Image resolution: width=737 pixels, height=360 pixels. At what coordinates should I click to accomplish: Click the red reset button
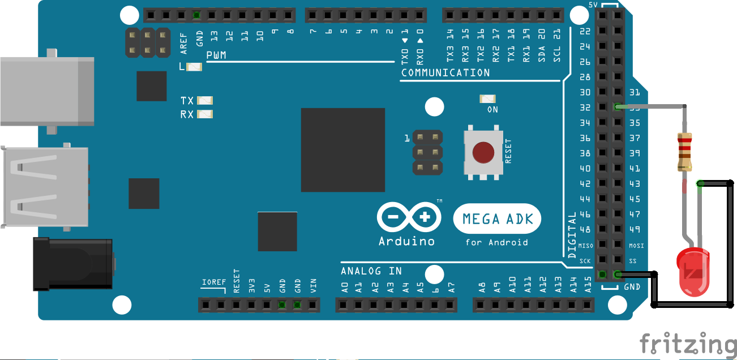(483, 152)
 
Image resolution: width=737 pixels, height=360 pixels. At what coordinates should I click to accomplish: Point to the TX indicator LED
(204, 101)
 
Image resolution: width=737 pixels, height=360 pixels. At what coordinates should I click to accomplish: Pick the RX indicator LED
(204, 114)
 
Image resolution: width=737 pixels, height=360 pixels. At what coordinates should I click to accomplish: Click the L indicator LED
(194, 67)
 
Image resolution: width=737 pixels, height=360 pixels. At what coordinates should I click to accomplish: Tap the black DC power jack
(74, 264)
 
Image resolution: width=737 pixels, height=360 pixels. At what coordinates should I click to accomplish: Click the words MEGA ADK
(498, 218)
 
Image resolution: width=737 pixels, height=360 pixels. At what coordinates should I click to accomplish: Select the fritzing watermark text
(688, 344)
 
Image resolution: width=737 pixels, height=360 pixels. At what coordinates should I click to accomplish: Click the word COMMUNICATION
(445, 73)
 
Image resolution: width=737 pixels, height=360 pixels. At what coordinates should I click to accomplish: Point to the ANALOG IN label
(371, 271)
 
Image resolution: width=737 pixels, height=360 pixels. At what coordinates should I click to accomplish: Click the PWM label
(216, 55)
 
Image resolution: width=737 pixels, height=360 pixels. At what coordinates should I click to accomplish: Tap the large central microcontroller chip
(342, 150)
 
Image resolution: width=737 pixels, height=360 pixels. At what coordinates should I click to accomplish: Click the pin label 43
(635, 184)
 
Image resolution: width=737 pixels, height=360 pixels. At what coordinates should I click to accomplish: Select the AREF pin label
(183, 43)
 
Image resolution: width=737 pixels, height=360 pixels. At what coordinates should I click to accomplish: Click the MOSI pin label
(636, 246)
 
